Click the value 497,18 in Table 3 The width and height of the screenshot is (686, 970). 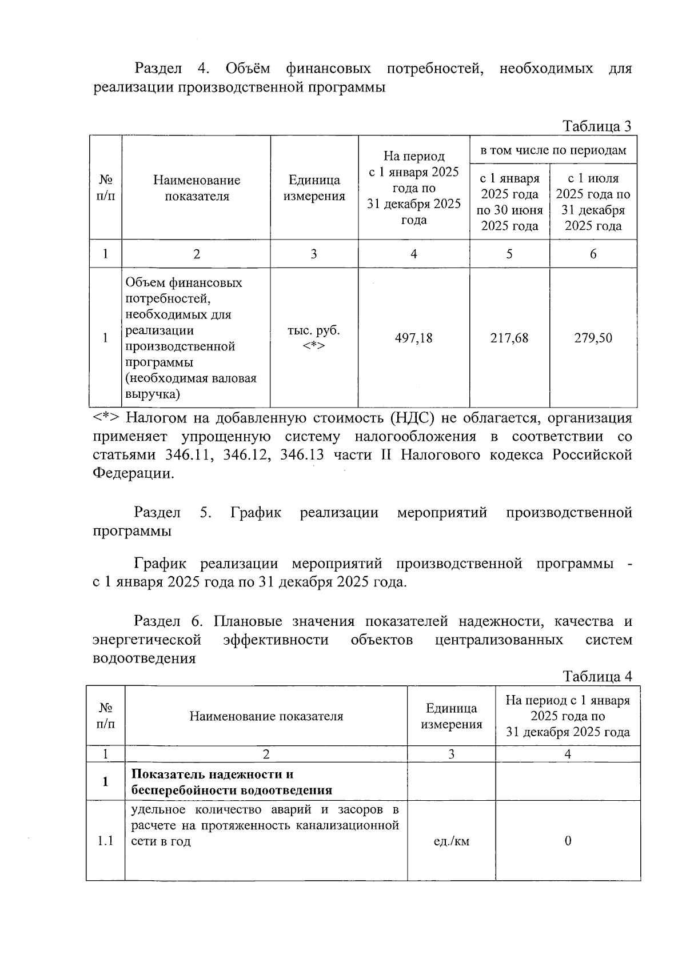(x=413, y=338)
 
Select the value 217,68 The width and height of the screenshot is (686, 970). (x=509, y=338)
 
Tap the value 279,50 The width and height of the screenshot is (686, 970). (x=593, y=338)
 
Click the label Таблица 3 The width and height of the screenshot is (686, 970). (x=597, y=126)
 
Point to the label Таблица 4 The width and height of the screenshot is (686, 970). (x=597, y=677)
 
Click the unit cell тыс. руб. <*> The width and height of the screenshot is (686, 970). (x=313, y=338)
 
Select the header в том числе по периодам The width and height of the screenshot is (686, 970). (x=553, y=150)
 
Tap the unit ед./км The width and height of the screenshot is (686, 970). (x=452, y=841)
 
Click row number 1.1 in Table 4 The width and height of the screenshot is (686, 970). (x=105, y=841)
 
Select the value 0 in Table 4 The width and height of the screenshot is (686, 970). (x=568, y=841)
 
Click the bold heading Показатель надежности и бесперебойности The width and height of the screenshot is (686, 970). (x=232, y=782)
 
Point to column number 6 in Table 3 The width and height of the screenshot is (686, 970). (x=593, y=254)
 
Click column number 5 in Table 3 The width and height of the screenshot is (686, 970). (x=509, y=254)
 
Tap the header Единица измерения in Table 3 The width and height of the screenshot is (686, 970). (x=314, y=188)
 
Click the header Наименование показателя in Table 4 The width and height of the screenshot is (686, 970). (x=266, y=716)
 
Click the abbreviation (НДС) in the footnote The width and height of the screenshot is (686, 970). (x=412, y=418)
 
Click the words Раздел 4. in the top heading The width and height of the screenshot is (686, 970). (x=171, y=69)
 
